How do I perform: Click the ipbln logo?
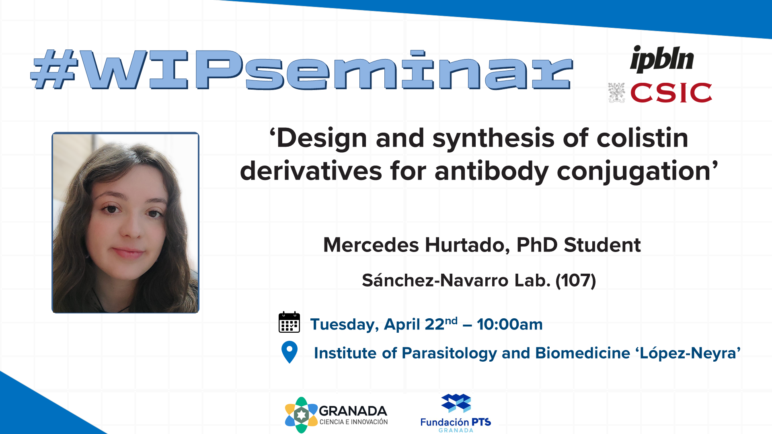tap(662, 59)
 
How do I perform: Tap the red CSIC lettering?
tap(671, 93)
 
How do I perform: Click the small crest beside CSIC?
tap(616, 93)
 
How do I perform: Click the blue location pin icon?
tap(289, 352)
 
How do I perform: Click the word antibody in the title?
tap(491, 171)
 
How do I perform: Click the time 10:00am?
tap(510, 324)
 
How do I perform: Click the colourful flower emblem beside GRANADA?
tap(301, 415)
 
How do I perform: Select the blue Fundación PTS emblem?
tap(456, 403)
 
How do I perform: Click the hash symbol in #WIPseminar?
tap(54, 69)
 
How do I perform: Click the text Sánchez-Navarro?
tap(435, 280)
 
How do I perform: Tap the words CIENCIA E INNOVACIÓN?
tap(353, 422)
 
